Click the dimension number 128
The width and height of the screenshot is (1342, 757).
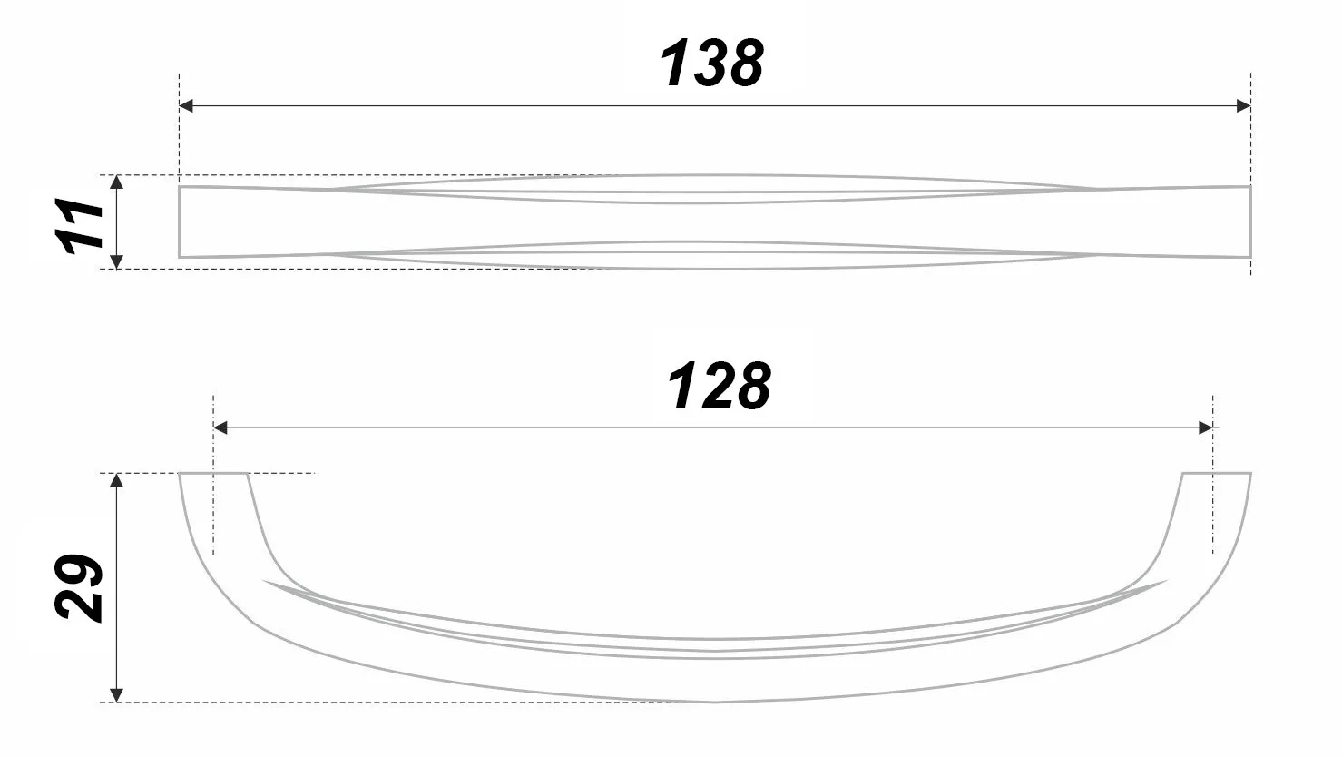point(720,387)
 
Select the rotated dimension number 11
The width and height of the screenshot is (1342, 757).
point(80,224)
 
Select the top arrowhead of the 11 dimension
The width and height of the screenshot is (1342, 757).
point(116,182)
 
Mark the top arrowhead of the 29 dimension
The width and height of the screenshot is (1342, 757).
point(116,480)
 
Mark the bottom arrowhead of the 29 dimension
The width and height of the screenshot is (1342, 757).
point(116,694)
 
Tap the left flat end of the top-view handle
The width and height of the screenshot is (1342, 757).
point(181,222)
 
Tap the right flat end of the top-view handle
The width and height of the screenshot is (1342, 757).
point(1249,222)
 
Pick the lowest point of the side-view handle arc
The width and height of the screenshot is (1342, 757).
point(715,701)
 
